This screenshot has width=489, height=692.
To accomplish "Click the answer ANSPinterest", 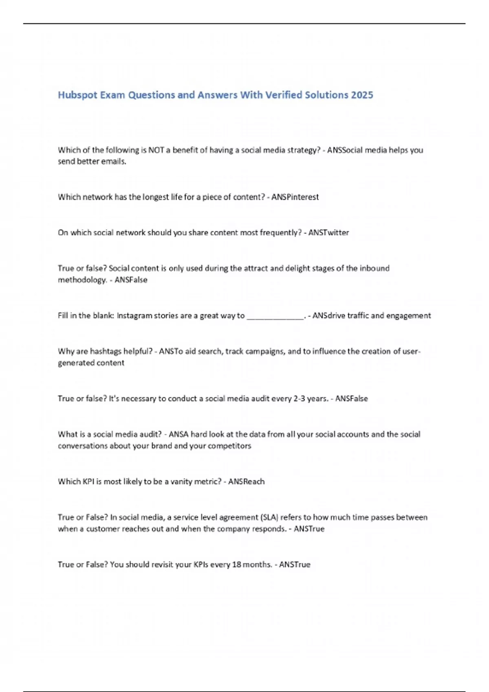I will point(295,197).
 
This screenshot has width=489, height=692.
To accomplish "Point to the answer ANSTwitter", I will point(328,233).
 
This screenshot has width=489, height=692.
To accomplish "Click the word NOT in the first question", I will point(156,150).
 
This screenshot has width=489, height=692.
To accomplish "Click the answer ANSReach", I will point(246,482).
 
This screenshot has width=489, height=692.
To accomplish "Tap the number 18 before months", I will point(236,565).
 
